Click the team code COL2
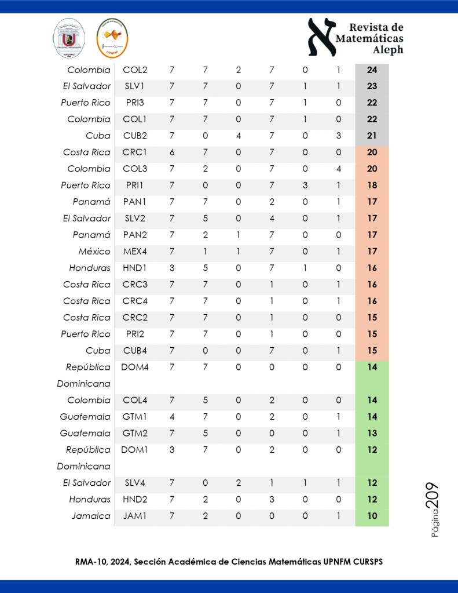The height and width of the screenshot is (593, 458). [135, 70]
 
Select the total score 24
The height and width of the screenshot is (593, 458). [372, 70]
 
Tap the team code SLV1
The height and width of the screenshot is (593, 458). [135, 86]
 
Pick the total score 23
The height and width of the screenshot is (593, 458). [372, 86]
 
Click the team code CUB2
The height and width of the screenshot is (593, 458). [135, 136]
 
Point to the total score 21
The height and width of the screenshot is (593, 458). [372, 136]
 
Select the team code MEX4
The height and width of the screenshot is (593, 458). [135, 252]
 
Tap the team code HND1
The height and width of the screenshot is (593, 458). [135, 268]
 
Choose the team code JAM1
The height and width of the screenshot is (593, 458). [135, 516]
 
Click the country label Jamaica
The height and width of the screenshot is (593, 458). [91, 516]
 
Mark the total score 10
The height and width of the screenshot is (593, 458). [372, 516]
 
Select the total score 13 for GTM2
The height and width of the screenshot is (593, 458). [372, 433]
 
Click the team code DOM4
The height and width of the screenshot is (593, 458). [135, 367]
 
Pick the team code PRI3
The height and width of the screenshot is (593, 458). [135, 103]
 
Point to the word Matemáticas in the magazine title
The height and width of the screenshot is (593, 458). [369, 39]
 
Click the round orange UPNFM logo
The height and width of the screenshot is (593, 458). [112, 38]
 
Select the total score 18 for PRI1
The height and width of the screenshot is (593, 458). [372, 185]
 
